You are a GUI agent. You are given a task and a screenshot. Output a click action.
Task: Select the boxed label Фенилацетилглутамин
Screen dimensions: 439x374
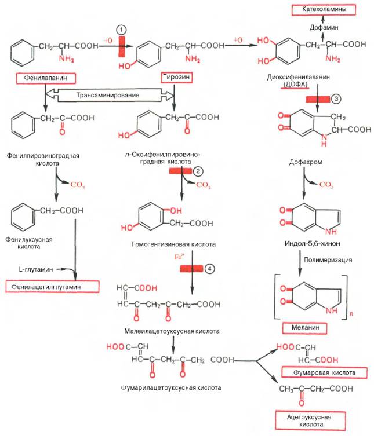(x=51, y=287)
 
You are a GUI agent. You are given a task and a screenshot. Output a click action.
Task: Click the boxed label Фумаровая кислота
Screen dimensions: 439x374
(x=324, y=372)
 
